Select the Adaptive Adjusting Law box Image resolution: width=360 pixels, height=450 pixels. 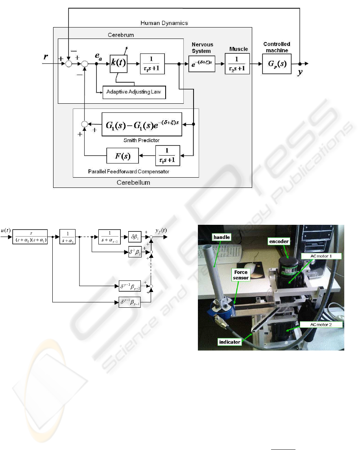click(134, 93)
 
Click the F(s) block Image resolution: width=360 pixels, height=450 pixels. click(122, 158)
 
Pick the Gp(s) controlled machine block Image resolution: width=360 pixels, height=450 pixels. click(277, 64)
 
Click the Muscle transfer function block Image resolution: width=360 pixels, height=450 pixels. click(237, 64)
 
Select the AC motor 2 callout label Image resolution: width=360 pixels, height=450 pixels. click(320, 325)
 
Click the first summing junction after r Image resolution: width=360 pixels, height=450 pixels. click(69, 64)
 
